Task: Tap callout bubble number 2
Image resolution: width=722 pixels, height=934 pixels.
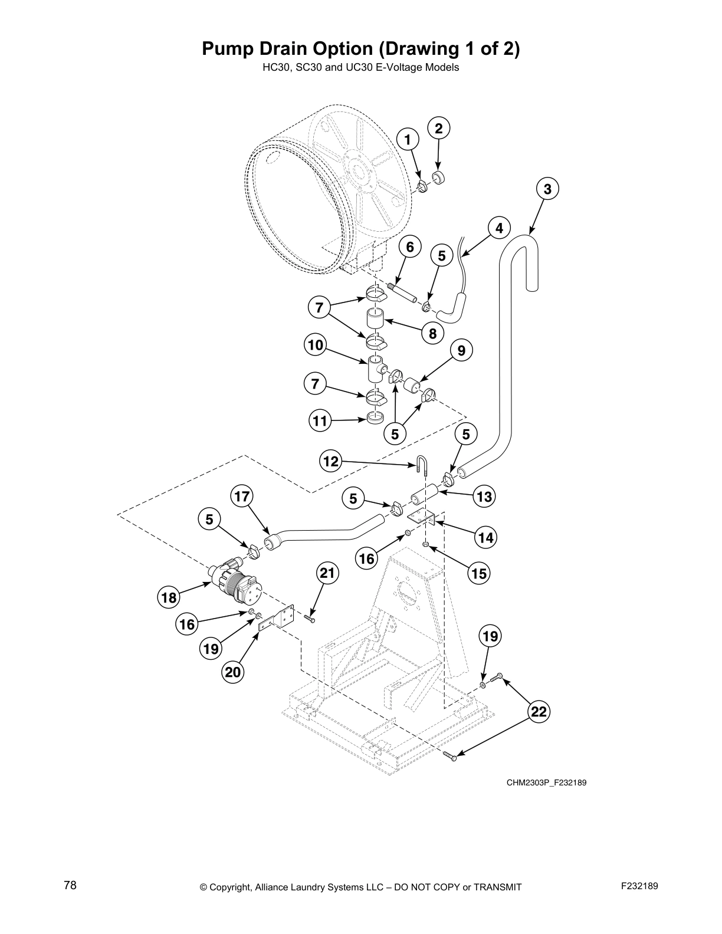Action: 438,128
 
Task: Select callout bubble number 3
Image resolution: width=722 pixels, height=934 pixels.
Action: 547,189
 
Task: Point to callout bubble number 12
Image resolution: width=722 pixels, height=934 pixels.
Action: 332,461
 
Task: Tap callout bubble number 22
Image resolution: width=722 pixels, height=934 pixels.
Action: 539,712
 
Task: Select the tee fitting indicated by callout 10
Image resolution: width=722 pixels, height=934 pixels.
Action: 376,370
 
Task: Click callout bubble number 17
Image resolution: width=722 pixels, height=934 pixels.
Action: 242,496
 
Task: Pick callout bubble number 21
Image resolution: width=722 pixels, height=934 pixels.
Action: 327,573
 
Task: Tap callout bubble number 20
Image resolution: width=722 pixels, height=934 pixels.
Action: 233,672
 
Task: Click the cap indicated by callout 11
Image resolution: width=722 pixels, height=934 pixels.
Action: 375,418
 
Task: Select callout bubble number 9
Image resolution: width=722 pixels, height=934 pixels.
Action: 461,351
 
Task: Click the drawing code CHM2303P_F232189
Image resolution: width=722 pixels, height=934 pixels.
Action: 546,782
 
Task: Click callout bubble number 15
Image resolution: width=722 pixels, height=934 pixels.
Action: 480,573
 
